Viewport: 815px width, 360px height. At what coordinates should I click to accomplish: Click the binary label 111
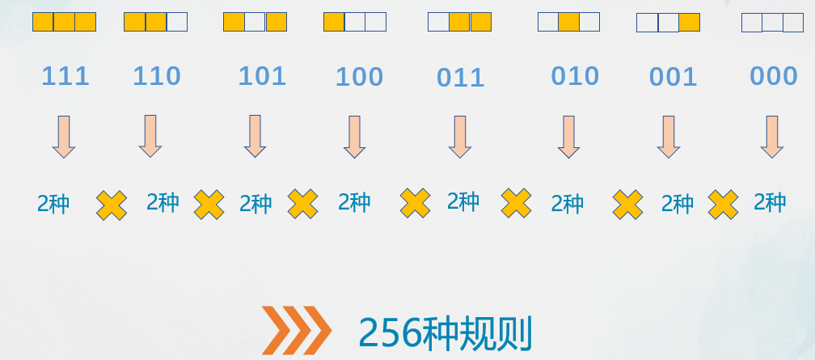click(x=65, y=77)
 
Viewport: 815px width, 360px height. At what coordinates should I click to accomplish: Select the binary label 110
click(x=157, y=77)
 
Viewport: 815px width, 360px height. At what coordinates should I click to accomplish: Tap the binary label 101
click(x=262, y=76)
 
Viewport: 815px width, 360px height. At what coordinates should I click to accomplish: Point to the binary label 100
click(x=359, y=78)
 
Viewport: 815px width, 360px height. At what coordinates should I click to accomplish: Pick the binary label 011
click(x=460, y=78)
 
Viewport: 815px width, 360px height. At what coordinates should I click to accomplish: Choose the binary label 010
click(x=575, y=76)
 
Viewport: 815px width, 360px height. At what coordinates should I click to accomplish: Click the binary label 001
click(x=673, y=77)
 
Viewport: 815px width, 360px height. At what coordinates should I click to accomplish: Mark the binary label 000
click(x=774, y=76)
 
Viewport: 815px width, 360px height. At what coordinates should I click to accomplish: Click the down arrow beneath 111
click(x=64, y=136)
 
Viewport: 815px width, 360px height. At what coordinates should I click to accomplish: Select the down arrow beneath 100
click(x=354, y=136)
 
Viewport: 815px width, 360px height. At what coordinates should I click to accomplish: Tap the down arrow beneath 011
click(x=460, y=136)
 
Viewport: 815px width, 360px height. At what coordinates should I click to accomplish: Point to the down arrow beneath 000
click(x=772, y=136)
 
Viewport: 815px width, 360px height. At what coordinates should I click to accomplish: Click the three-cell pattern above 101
click(x=255, y=22)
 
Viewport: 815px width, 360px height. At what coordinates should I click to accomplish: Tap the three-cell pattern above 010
click(x=568, y=22)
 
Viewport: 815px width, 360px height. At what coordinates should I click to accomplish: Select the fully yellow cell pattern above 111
click(x=64, y=22)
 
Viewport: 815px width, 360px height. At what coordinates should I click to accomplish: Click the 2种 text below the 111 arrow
click(x=53, y=203)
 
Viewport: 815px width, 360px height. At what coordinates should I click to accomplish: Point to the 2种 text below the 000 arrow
click(x=770, y=201)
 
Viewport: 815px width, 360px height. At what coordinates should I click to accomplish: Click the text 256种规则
click(x=446, y=331)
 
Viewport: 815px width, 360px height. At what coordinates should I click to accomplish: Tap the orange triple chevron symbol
click(x=296, y=331)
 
